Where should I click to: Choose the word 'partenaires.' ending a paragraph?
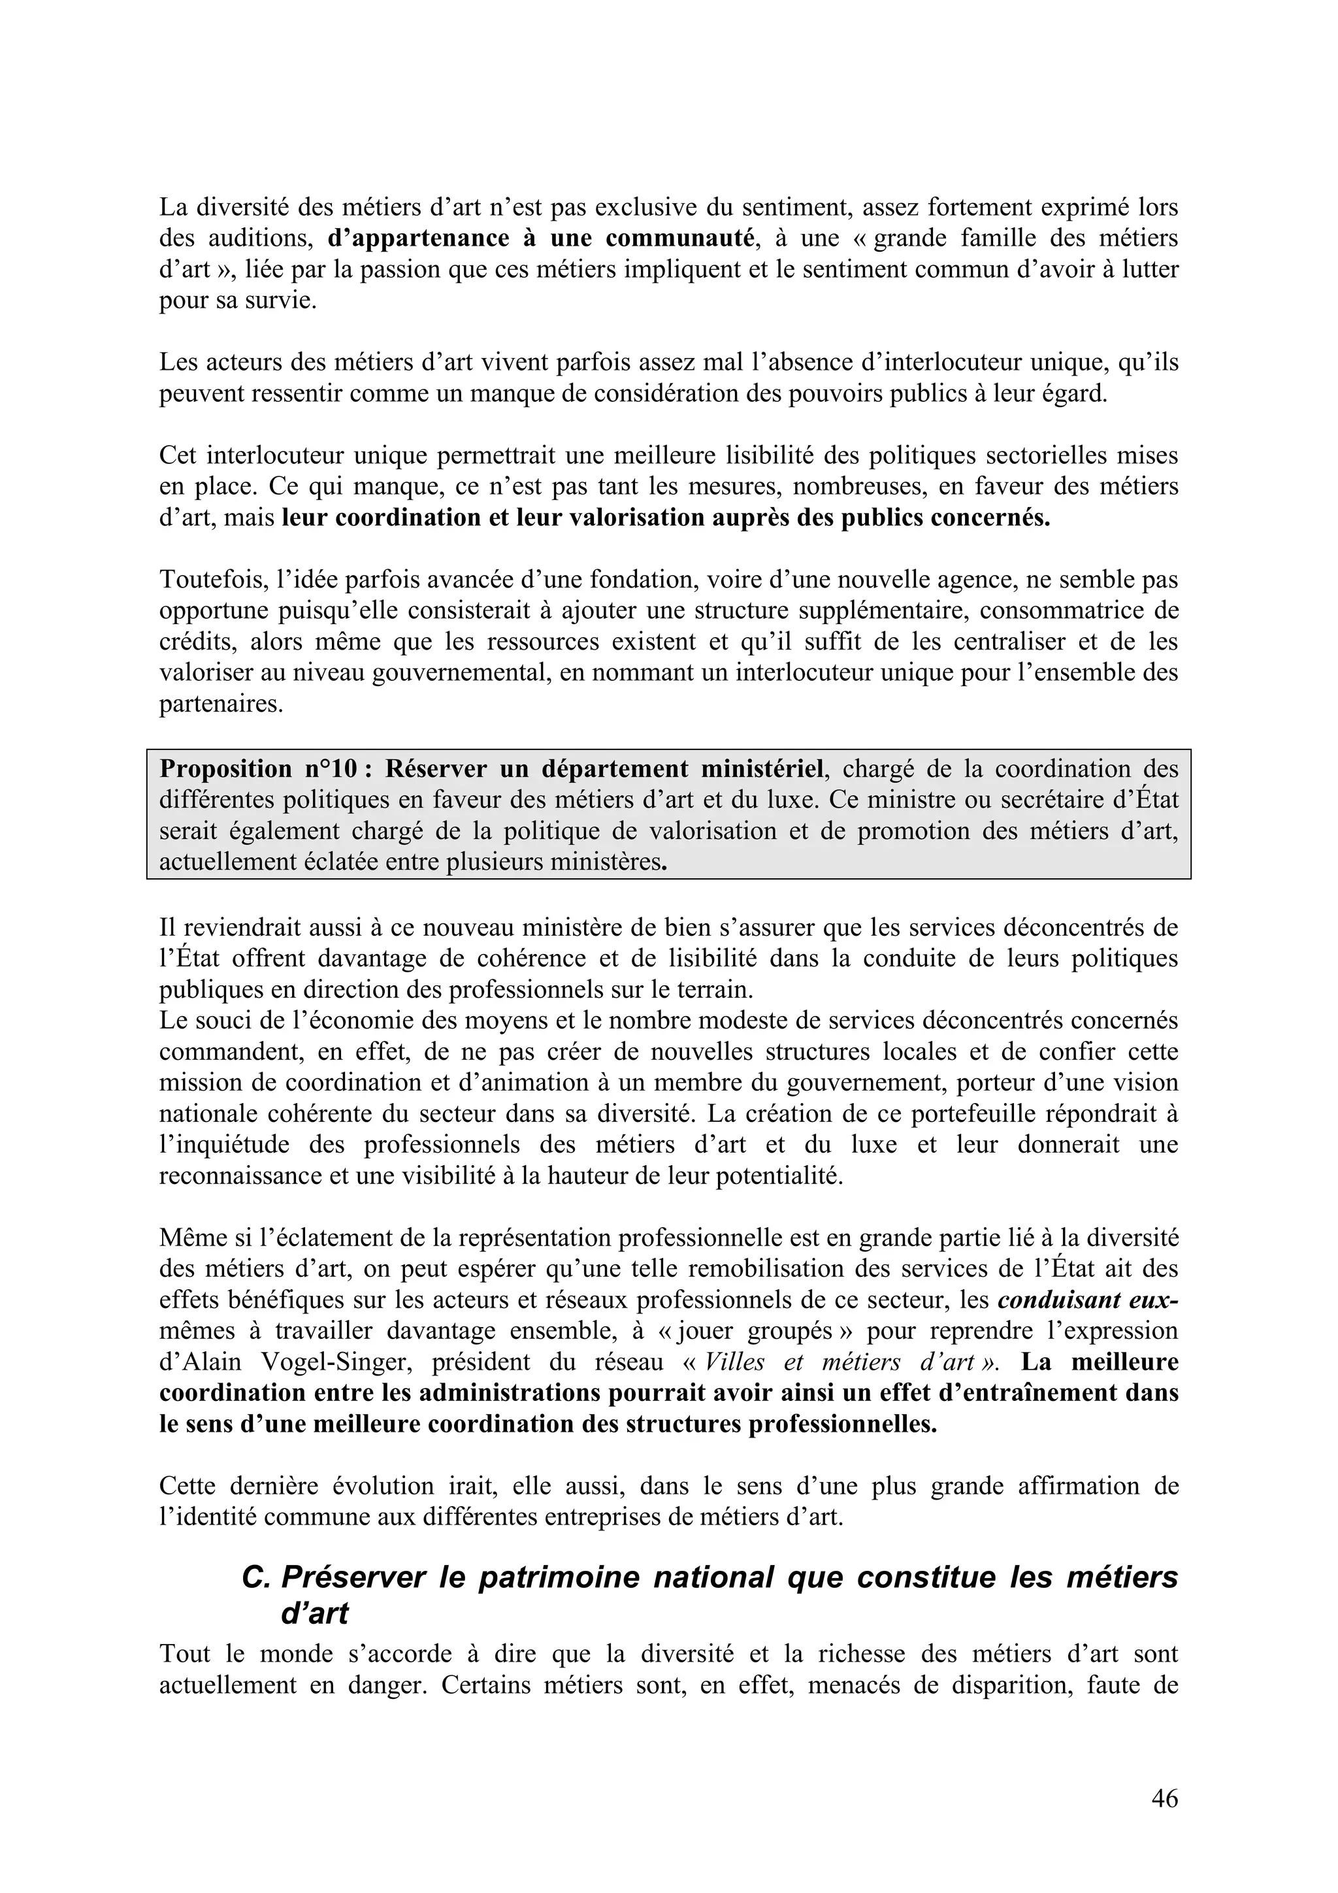221,705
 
